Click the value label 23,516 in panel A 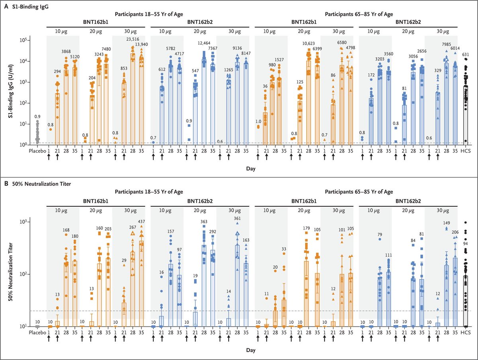(x=133, y=39)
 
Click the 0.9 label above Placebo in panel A (x=37, y=116)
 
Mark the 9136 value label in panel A (x=237, y=48)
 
